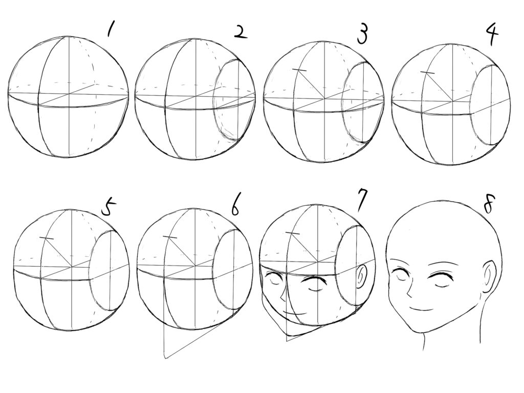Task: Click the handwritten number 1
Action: [110, 29]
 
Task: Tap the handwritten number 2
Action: [240, 32]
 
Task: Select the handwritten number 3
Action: [362, 35]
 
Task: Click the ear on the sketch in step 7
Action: [361, 276]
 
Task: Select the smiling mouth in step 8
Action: [422, 308]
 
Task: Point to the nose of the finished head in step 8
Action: [409, 291]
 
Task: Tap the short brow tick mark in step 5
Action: [47, 238]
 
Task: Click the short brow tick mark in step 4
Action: [428, 72]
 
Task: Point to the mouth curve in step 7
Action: [295, 313]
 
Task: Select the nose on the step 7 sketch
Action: [283, 295]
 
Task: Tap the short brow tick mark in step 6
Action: [170, 237]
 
